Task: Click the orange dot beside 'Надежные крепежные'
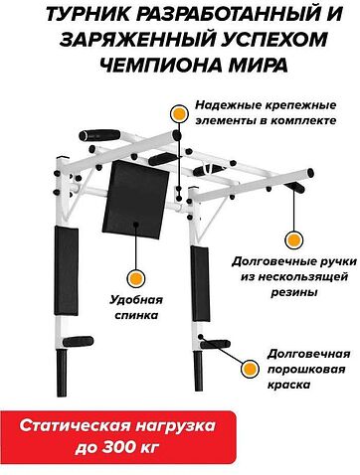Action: pyautogui.click(x=178, y=114)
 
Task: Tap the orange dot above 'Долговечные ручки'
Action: pyautogui.click(x=291, y=239)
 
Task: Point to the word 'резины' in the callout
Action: pyautogui.click(x=285, y=294)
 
